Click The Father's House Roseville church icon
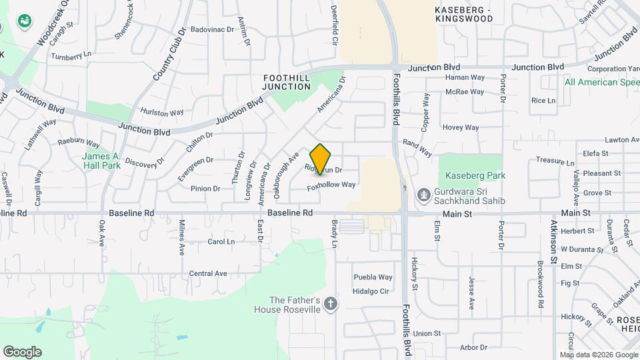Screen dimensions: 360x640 pyautogui.click(x=331, y=305)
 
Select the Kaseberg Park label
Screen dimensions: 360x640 pyautogui.click(x=476, y=175)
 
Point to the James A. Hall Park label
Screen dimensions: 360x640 pyautogui.click(x=101, y=161)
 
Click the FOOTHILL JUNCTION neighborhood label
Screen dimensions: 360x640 pyautogui.click(x=287, y=82)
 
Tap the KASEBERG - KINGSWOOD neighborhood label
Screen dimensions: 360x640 pyautogui.click(x=463, y=14)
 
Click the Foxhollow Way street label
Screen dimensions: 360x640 pyautogui.click(x=331, y=185)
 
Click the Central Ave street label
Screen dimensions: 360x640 pyautogui.click(x=208, y=273)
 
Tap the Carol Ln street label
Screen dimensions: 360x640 pyautogui.click(x=221, y=241)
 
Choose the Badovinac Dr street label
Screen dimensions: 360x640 pyautogui.click(x=213, y=29)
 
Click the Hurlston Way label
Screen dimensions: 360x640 pyautogui.click(x=161, y=112)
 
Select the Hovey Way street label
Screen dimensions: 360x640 pyautogui.click(x=461, y=127)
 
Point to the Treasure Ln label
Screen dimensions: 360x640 pyautogui.click(x=555, y=161)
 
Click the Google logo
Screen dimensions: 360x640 pyautogui.click(x=22, y=352)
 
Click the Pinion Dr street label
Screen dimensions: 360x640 pyautogui.click(x=205, y=189)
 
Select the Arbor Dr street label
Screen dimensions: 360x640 pyautogui.click(x=474, y=347)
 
